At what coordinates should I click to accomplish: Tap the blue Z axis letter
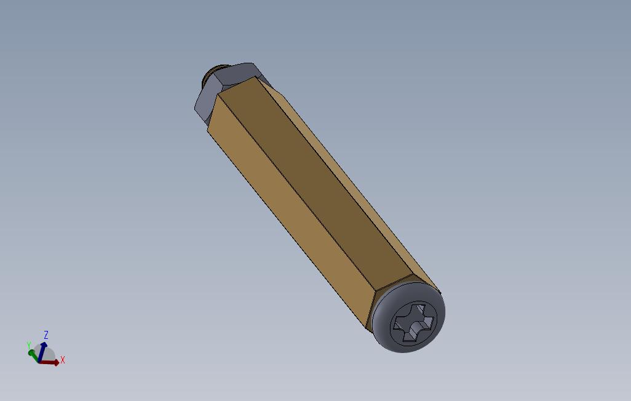pyautogui.click(x=46, y=335)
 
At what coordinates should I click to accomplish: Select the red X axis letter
pyautogui.click(x=63, y=360)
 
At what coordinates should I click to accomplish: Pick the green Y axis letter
pyautogui.click(x=29, y=346)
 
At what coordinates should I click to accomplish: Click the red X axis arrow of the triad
pyautogui.click(x=52, y=362)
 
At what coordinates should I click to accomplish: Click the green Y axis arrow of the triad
pyautogui.click(x=33, y=354)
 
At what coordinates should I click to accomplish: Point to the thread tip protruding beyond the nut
pyautogui.click(x=209, y=77)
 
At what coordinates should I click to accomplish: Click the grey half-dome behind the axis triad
pyautogui.click(x=47, y=355)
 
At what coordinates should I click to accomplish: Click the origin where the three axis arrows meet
pyautogui.click(x=39, y=361)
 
